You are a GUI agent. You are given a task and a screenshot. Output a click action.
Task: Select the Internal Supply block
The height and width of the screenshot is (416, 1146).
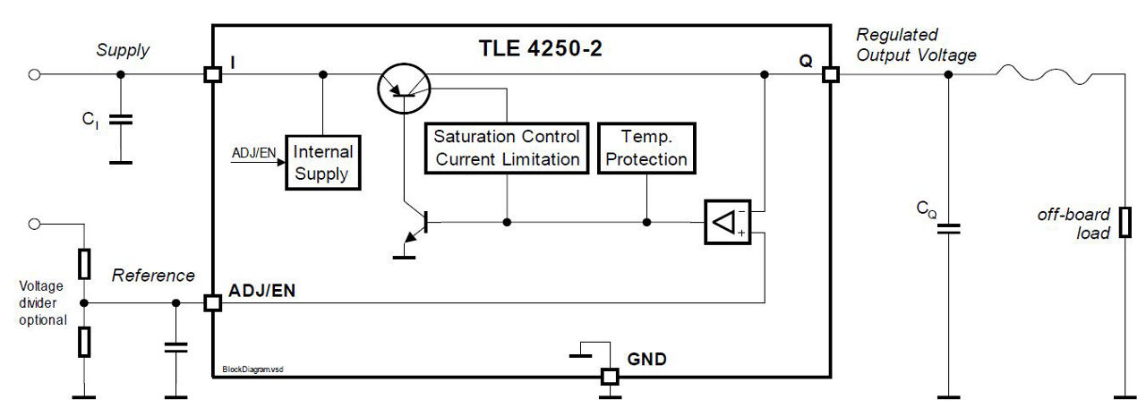pyautogui.click(x=322, y=163)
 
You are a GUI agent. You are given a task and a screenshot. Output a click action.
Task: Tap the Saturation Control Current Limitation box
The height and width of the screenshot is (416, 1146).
pyautogui.click(x=507, y=148)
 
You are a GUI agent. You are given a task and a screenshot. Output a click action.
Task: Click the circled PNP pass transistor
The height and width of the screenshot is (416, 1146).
pyautogui.click(x=405, y=88)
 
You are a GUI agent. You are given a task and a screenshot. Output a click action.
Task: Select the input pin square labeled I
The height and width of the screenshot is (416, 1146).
pyautogui.click(x=212, y=75)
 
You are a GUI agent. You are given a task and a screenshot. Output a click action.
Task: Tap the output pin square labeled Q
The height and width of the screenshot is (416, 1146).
pyautogui.click(x=830, y=75)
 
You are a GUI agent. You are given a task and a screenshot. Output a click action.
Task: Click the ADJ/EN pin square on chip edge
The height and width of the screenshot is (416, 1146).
pyautogui.click(x=212, y=303)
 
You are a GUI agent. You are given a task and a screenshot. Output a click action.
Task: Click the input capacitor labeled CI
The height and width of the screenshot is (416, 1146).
pyautogui.click(x=120, y=118)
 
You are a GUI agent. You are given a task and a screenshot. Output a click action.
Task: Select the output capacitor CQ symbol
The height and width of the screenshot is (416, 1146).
pyautogui.click(x=949, y=228)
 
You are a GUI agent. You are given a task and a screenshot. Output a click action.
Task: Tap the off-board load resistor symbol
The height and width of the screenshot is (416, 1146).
pyautogui.click(x=1125, y=220)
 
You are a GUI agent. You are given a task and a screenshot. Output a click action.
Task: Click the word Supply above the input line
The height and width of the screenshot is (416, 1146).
pyautogui.click(x=123, y=51)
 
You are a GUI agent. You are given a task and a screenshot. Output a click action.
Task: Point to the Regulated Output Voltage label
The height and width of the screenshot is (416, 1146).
pyautogui.click(x=915, y=45)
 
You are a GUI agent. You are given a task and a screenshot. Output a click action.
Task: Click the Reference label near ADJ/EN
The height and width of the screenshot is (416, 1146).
pyautogui.click(x=153, y=276)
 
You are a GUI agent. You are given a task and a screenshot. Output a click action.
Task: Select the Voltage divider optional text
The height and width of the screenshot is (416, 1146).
pyautogui.click(x=42, y=303)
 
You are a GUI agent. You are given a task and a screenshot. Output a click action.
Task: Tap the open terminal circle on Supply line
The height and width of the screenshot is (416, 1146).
pyautogui.click(x=34, y=75)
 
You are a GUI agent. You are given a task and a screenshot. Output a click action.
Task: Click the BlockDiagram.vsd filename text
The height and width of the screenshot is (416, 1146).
pyautogui.click(x=253, y=369)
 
